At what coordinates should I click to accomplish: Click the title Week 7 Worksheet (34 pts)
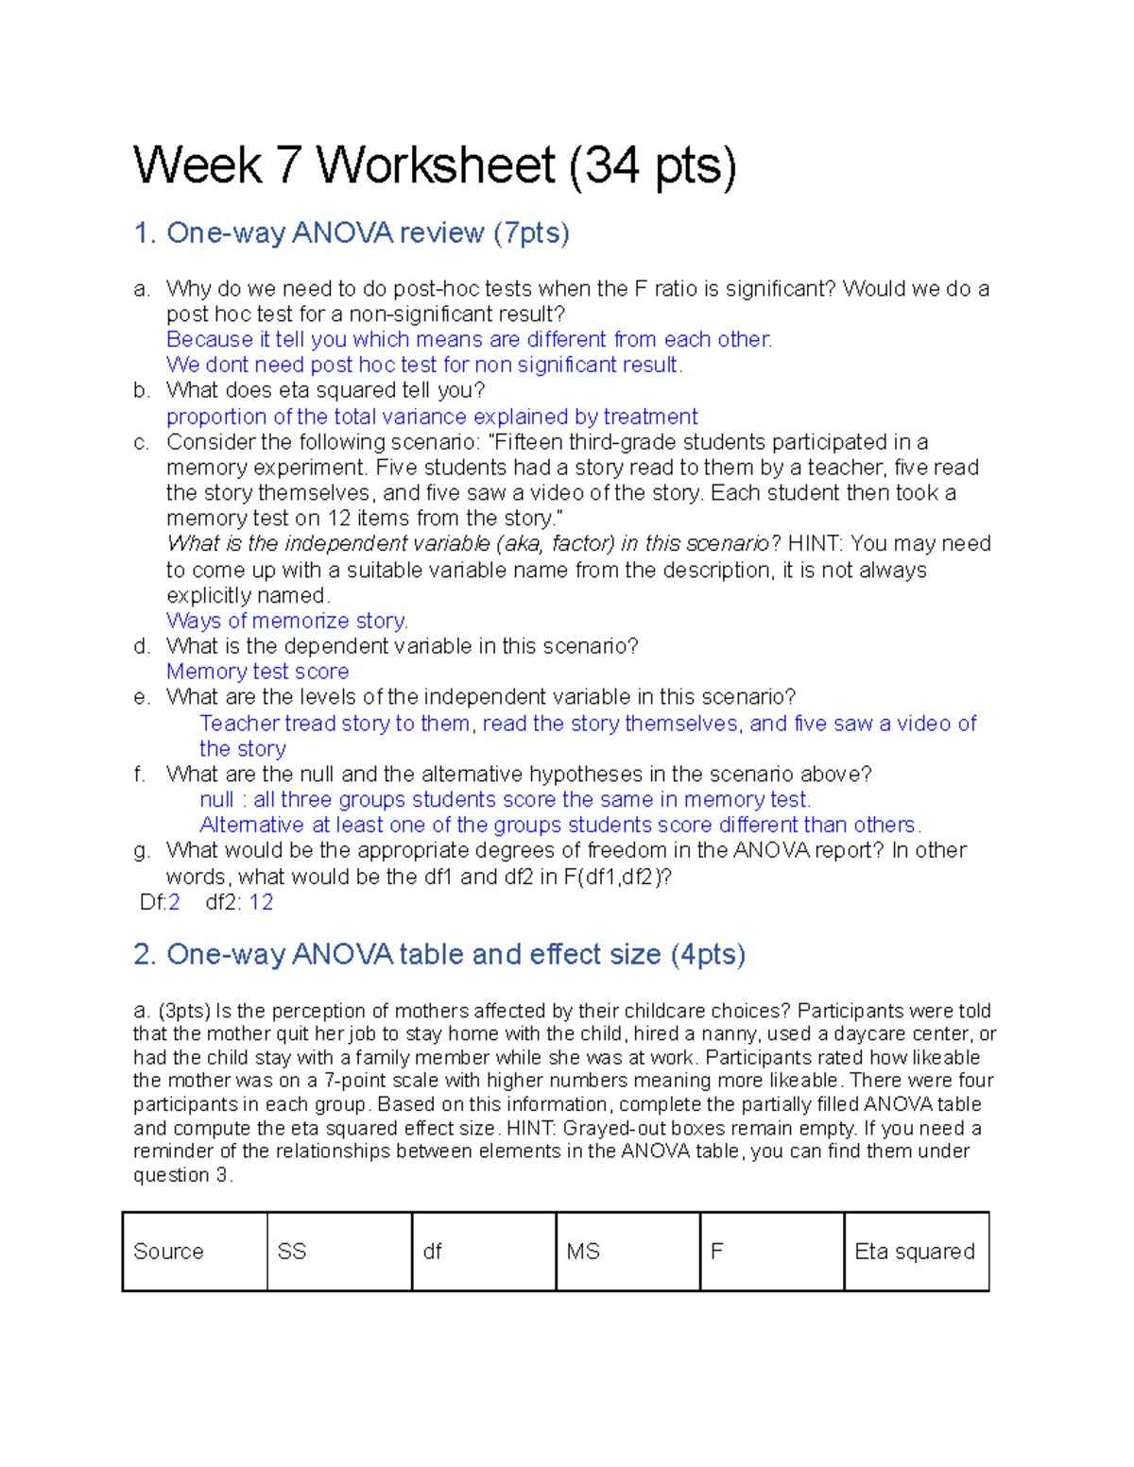(434, 166)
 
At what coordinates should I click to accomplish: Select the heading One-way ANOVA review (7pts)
(352, 233)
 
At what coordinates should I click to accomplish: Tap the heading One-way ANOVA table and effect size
(439, 955)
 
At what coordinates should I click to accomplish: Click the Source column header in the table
(168, 1252)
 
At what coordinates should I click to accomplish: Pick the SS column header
(292, 1252)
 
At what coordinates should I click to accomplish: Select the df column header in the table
(432, 1252)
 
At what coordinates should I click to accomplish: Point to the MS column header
(583, 1252)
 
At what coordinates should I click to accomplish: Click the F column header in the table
(716, 1252)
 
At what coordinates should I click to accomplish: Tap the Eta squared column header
(914, 1252)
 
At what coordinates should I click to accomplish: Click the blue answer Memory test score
(257, 672)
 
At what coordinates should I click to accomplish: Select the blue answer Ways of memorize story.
(286, 621)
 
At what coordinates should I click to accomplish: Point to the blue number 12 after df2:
(261, 902)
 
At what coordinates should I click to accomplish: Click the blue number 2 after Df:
(174, 902)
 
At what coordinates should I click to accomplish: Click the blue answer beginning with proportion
(432, 417)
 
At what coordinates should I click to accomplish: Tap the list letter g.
(141, 850)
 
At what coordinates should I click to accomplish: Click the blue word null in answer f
(216, 799)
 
